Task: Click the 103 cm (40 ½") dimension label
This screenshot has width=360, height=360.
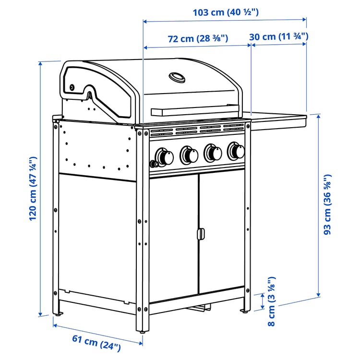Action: [226, 12]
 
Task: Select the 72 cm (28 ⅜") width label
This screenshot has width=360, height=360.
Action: [198, 38]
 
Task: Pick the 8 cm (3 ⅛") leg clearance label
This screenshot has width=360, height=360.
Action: [271, 301]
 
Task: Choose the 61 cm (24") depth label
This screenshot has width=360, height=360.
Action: [96, 341]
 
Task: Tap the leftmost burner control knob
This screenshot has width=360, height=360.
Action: [165, 156]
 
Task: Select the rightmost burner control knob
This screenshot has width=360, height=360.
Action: [236, 151]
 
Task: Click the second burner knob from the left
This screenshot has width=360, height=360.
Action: [189, 155]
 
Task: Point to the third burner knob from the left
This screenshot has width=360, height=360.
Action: [213, 153]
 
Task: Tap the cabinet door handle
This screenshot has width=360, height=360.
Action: [200, 234]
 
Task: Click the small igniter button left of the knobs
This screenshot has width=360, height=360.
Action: [154, 164]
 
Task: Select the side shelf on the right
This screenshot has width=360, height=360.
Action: [278, 118]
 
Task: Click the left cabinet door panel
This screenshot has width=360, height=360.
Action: [174, 238]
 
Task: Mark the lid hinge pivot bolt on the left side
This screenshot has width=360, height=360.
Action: [72, 87]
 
